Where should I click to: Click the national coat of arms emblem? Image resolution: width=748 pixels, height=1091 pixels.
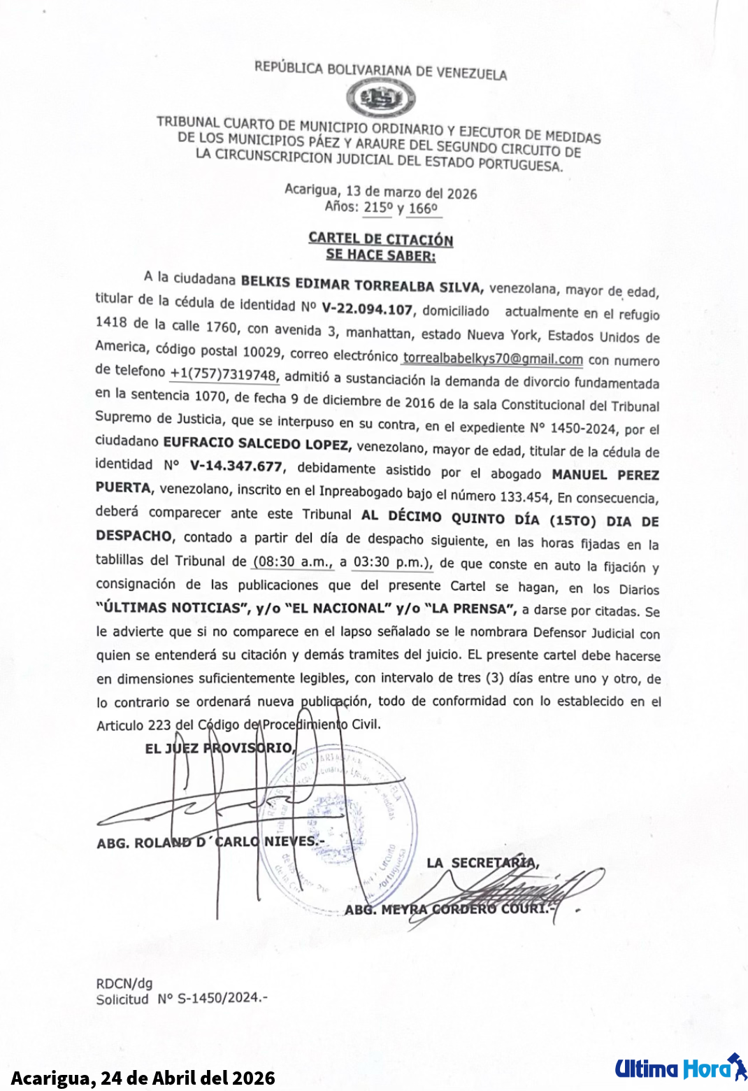pyautogui.click(x=380, y=99)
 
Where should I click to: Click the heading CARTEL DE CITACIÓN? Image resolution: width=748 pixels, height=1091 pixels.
pyautogui.click(x=381, y=238)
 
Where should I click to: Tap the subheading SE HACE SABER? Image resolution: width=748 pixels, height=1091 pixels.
pyautogui.click(x=381, y=255)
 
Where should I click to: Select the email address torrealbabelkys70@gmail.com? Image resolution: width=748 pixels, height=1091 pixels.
pyautogui.click(x=493, y=359)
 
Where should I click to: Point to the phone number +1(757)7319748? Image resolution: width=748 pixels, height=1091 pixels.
pyautogui.click(x=224, y=374)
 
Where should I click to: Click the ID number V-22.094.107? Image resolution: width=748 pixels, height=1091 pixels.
pyautogui.click(x=367, y=308)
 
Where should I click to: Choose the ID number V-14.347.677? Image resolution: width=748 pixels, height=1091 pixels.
pyautogui.click(x=236, y=466)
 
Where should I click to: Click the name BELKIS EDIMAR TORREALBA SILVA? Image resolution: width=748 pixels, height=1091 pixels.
pyautogui.click(x=361, y=285)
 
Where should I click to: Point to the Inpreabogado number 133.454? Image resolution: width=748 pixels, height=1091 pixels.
pyautogui.click(x=525, y=497)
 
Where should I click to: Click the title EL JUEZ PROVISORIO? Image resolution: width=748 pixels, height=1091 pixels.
pyautogui.click(x=220, y=748)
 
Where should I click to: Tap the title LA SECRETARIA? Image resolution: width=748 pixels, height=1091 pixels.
pyautogui.click(x=482, y=863)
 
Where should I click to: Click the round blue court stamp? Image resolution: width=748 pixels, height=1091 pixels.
pyautogui.click(x=343, y=832)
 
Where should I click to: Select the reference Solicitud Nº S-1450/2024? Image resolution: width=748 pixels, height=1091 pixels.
pyautogui.click(x=182, y=999)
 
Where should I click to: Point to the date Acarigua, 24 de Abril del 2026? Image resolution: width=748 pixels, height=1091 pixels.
pyautogui.click(x=143, y=1078)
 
